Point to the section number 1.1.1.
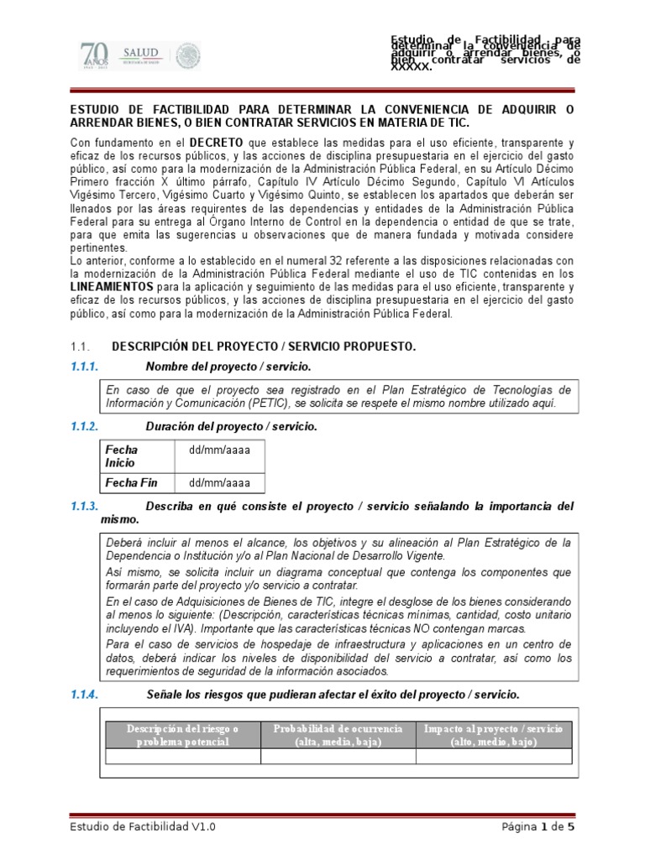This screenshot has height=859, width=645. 85,367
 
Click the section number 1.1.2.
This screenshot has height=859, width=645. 85,426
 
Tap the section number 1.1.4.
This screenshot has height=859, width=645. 85,695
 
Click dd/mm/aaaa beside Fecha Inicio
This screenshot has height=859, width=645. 219,450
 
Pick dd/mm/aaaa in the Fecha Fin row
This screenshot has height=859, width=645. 219,482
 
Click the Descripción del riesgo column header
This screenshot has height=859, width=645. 182,735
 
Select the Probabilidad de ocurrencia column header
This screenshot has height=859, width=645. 338,735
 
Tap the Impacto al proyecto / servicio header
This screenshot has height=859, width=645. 494,735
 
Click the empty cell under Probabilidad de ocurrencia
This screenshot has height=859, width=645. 338,757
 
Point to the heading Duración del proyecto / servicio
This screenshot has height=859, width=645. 231,426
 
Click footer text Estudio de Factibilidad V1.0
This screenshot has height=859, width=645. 143,826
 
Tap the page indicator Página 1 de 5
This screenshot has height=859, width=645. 537,826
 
